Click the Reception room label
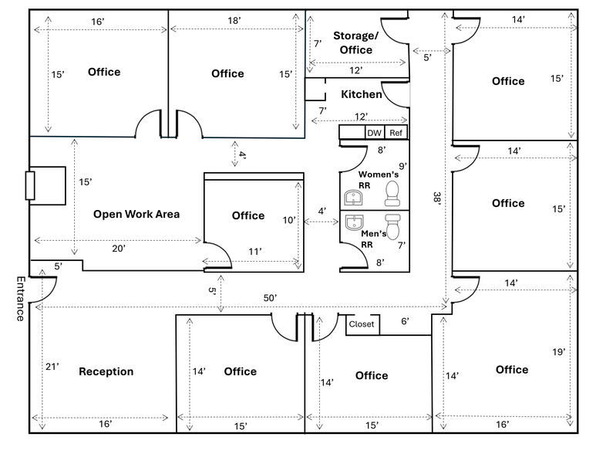[106, 372]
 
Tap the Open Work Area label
[136, 214]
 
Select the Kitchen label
[361, 94]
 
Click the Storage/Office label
[355, 43]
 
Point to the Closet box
[361, 324]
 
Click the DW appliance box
[374, 133]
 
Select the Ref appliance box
[396, 133]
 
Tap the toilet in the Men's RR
[392, 226]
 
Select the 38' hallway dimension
[437, 198]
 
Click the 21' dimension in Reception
[52, 367]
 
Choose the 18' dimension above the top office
[234, 21]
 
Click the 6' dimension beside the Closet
[405, 321]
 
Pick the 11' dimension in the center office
[254, 251]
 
